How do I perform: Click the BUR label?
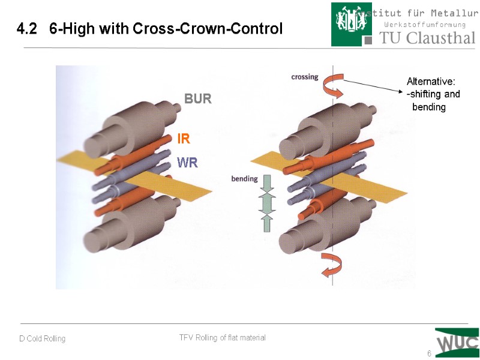coord(197,99)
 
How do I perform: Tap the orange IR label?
coord(184,139)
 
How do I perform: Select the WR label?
coord(187,163)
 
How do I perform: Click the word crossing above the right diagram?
coord(305,77)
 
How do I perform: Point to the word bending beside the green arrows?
coord(244,179)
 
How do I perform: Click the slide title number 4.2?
coord(26,29)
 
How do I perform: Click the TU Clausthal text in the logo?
coord(427,38)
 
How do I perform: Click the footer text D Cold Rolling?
coord(42,339)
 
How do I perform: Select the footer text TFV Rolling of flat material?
coord(222,338)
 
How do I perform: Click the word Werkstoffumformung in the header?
coord(425,25)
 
